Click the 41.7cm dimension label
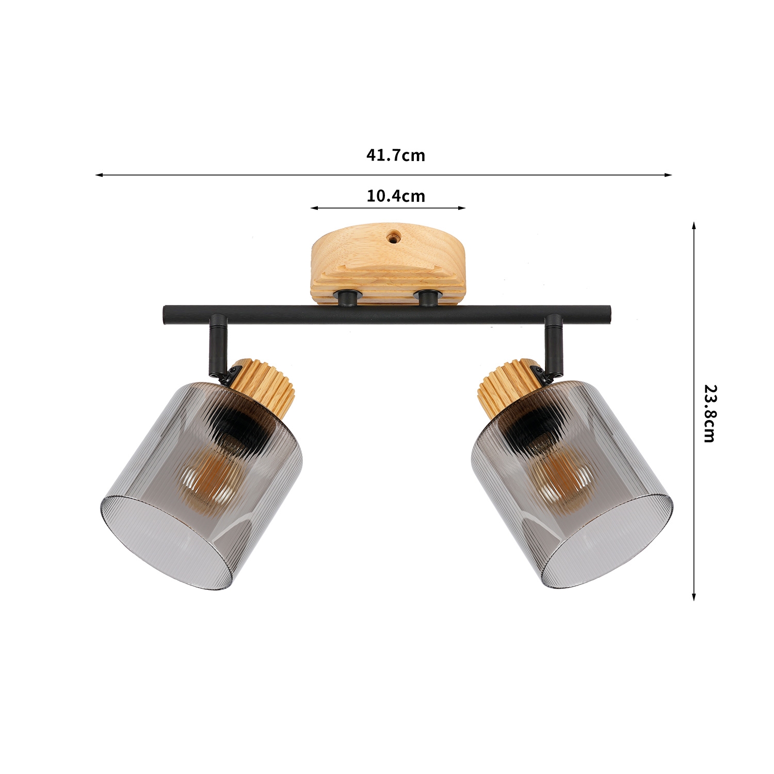[396, 155]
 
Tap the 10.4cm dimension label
[396, 196]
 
